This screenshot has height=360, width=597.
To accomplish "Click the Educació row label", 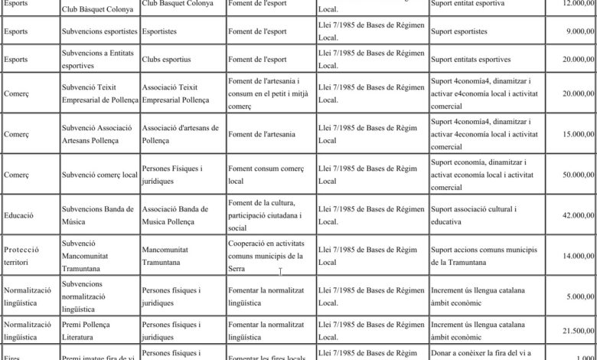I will pyautogui.click(x=18, y=215).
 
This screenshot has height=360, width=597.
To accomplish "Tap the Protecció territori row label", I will pyautogui.click(x=27, y=256).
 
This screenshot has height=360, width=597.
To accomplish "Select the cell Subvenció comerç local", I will pyautogui.click(x=99, y=175).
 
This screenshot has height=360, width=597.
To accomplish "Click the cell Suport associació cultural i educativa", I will pyautogui.click(x=474, y=215).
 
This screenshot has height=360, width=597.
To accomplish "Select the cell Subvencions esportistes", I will pyautogui.click(x=99, y=33).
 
